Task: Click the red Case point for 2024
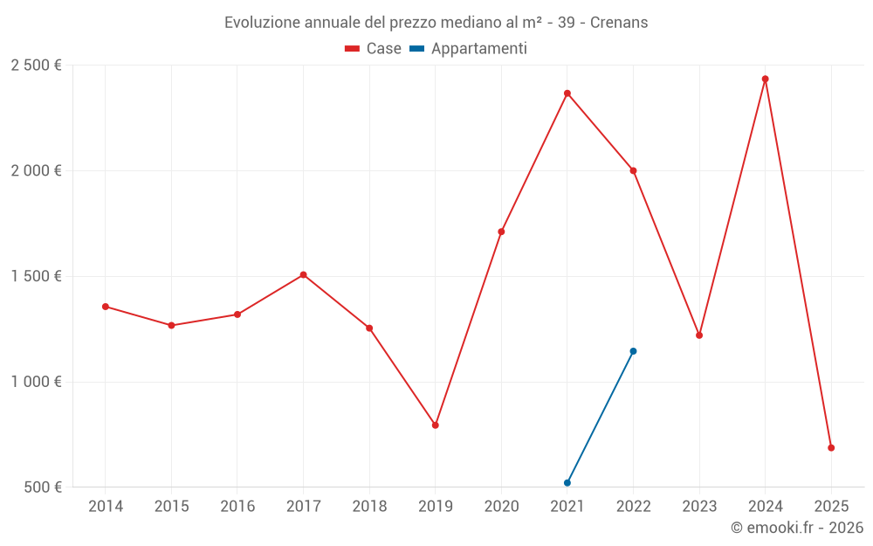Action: click(765, 79)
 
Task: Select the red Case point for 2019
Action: click(435, 425)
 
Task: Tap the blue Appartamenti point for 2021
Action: click(567, 482)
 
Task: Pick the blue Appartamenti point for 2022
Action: click(633, 351)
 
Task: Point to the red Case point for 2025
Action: click(831, 447)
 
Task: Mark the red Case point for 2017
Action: click(303, 274)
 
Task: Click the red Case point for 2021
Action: click(567, 93)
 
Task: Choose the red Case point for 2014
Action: click(105, 307)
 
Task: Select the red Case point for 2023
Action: click(699, 335)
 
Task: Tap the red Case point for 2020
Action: click(501, 232)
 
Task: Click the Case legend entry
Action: click(374, 49)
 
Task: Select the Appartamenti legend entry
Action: click(469, 49)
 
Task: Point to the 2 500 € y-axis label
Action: click(36, 66)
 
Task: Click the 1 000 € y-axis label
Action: click(36, 382)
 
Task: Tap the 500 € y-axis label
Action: click(42, 487)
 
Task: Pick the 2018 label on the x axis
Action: click(369, 506)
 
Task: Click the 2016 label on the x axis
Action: click(237, 506)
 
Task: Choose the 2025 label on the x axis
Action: click(831, 506)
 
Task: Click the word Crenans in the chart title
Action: click(619, 23)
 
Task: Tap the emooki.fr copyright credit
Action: click(796, 528)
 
